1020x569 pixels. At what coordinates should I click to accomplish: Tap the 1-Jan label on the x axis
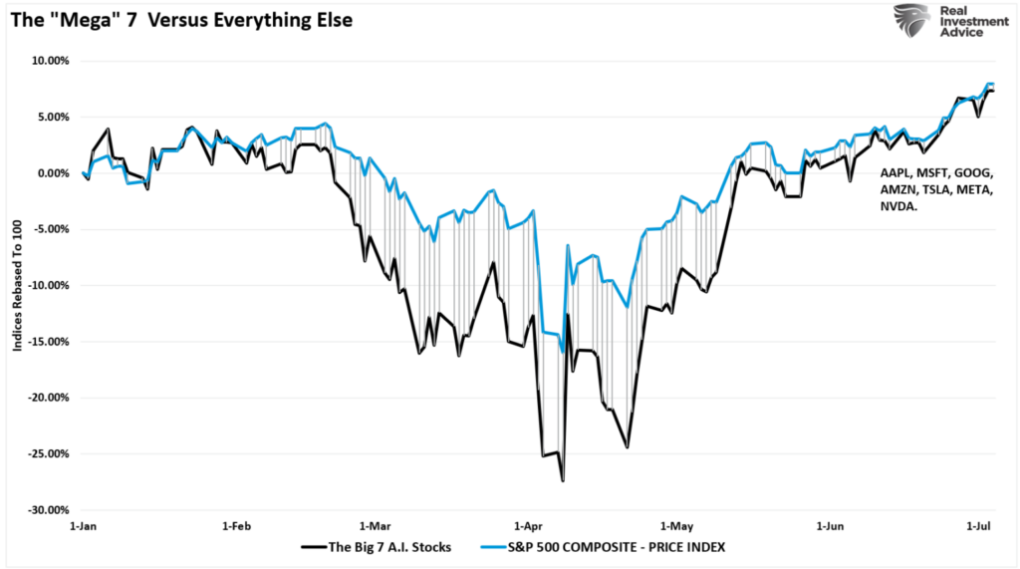click(82, 524)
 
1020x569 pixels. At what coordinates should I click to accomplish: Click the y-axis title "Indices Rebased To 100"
click(18, 286)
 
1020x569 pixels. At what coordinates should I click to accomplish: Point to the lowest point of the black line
click(563, 481)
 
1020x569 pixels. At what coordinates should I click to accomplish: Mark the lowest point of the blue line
click(563, 352)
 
